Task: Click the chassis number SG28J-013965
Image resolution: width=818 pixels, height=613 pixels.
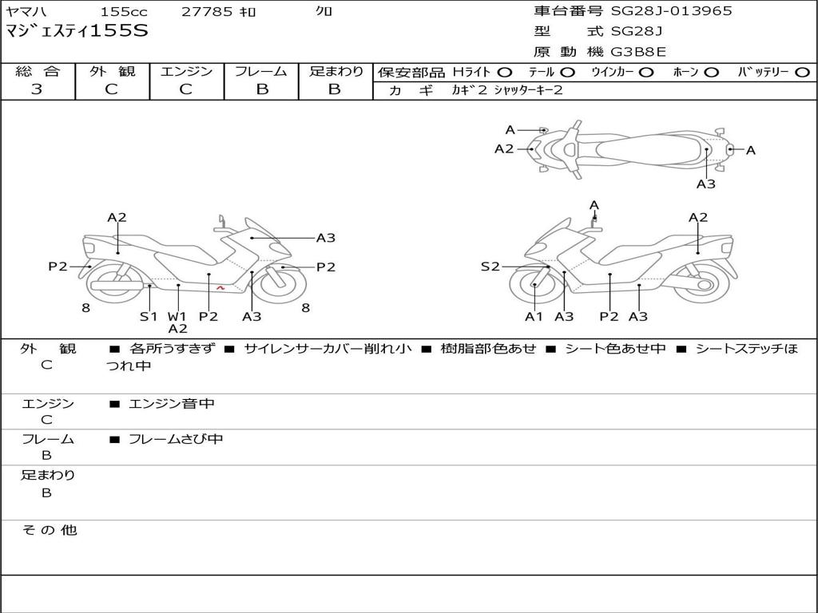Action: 671,11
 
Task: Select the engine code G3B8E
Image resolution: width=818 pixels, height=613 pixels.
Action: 638,52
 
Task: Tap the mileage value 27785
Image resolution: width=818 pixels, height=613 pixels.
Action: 207,11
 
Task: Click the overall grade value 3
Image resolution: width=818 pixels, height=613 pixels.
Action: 37,89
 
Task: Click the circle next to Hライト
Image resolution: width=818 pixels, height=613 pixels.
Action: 505,72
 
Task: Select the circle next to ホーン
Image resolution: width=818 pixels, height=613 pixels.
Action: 712,72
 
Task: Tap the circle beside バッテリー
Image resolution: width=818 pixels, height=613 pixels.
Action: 802,72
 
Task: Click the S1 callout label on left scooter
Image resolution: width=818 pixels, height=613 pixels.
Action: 149,316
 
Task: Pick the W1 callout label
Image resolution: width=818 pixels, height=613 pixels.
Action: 177,316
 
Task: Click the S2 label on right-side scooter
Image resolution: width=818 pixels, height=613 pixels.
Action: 490,267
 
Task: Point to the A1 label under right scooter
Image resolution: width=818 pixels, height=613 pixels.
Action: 534,317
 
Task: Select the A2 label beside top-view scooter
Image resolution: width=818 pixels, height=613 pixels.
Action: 504,148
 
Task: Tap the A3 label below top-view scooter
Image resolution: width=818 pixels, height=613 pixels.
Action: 705,184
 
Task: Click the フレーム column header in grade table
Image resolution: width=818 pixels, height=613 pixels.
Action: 261,71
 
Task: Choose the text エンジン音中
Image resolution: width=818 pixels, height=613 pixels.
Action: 172,404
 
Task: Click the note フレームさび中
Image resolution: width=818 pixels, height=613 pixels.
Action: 176,439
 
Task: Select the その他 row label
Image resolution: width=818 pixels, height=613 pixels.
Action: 48,530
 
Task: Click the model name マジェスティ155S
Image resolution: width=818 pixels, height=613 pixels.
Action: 77,31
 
